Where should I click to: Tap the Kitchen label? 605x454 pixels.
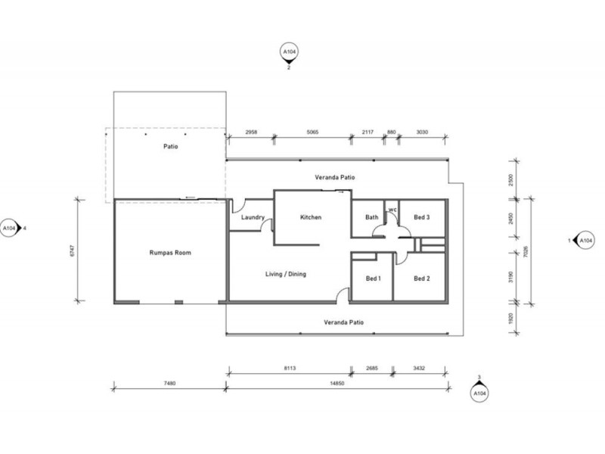tap(311, 217)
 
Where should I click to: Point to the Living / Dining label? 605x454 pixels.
tap(286, 274)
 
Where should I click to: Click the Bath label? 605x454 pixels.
tap(371, 218)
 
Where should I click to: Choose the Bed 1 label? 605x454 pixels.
tap(374, 278)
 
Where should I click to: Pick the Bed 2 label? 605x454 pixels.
tap(422, 278)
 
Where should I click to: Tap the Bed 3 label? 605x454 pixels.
tap(422, 218)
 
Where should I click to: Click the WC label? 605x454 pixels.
tap(392, 210)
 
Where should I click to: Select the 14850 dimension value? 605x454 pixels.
tap(337, 383)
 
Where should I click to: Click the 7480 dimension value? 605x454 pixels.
tap(169, 383)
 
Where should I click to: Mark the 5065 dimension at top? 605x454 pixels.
tap(312, 132)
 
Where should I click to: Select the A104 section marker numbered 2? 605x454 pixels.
tap(288, 53)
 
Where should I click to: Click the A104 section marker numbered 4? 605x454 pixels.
tap(9, 227)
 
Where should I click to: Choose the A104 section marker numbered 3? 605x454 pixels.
tap(479, 393)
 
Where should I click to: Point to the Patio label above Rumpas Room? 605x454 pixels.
tap(170, 147)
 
